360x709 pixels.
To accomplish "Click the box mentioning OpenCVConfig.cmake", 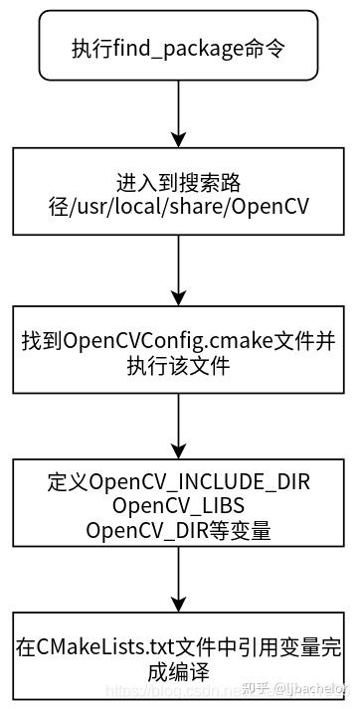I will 179,353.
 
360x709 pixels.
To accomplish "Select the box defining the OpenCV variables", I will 179,506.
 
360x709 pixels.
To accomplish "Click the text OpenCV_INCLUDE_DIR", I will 200,483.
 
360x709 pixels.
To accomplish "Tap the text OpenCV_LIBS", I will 179,507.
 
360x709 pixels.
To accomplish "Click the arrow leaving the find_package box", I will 179,112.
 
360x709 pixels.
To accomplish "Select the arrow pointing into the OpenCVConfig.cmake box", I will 179,271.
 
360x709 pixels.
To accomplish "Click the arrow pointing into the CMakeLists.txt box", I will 179,581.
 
